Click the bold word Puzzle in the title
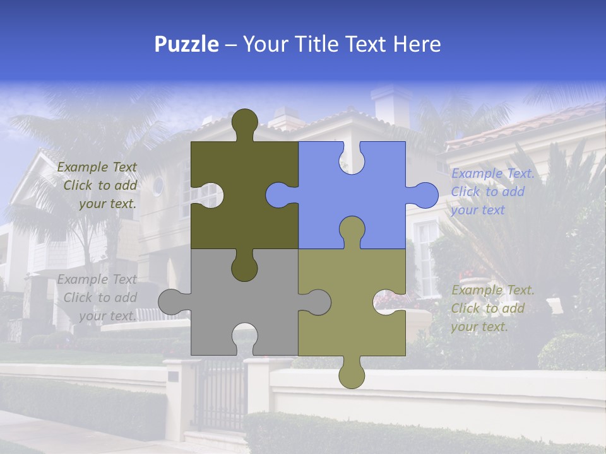pyautogui.click(x=187, y=44)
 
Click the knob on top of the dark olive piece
pyautogui.click(x=244, y=123)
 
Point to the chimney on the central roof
pyautogui.click(x=391, y=103)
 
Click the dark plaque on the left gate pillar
pyautogui.click(x=173, y=376)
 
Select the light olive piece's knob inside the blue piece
pyautogui.click(x=352, y=230)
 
